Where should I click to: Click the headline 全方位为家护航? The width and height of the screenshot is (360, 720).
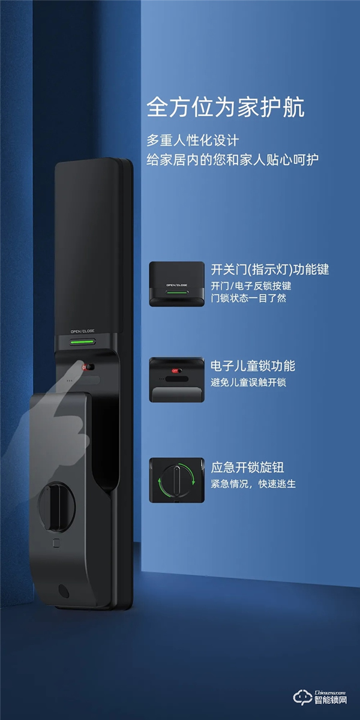(226, 108)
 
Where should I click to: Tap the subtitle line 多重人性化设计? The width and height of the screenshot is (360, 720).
(193, 141)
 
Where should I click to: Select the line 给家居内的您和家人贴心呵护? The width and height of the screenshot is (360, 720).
(233, 160)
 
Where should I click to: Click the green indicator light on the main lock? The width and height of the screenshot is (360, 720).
(83, 343)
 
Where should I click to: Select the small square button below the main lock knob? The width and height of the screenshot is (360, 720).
(55, 545)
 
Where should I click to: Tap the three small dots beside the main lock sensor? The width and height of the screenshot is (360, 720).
(70, 380)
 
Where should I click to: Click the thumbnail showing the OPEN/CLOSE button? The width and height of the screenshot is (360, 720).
(177, 283)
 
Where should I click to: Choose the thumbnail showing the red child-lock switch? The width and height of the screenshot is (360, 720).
(177, 380)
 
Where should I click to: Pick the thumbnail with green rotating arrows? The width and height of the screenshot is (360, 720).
(177, 480)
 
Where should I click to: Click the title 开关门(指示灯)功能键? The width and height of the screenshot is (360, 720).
(270, 269)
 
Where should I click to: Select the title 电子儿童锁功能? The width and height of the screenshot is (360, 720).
(253, 366)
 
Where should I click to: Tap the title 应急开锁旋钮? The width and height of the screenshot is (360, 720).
(247, 466)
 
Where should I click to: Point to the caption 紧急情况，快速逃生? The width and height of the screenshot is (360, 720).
(253, 483)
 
